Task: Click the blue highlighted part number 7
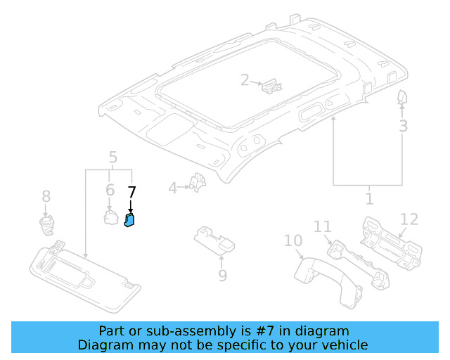coord(130,220)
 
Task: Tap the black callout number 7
coord(131,191)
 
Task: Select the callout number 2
coord(245,80)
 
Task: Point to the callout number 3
coord(403,127)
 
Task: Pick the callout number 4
coord(172,188)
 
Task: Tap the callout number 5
coord(112,157)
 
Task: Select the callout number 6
coord(110,191)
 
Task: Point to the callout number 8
coord(46,196)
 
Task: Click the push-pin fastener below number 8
coord(47,225)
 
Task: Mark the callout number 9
coord(222,276)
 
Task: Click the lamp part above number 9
coord(218,240)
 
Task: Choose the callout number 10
coord(292,241)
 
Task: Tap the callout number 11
coord(322,226)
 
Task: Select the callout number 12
coord(409,219)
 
